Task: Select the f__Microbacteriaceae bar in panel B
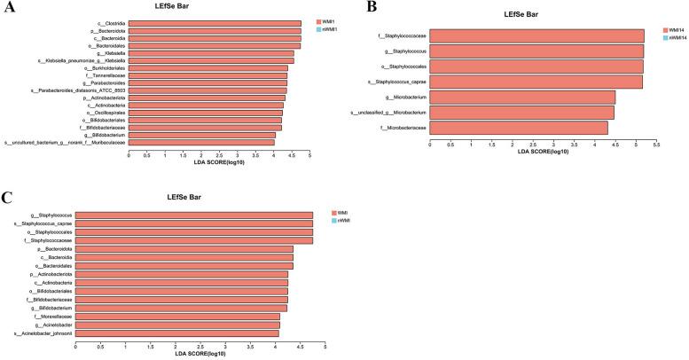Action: [x=519, y=129]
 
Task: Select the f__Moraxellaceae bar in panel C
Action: [x=177, y=317]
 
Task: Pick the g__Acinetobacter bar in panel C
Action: [x=177, y=325]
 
